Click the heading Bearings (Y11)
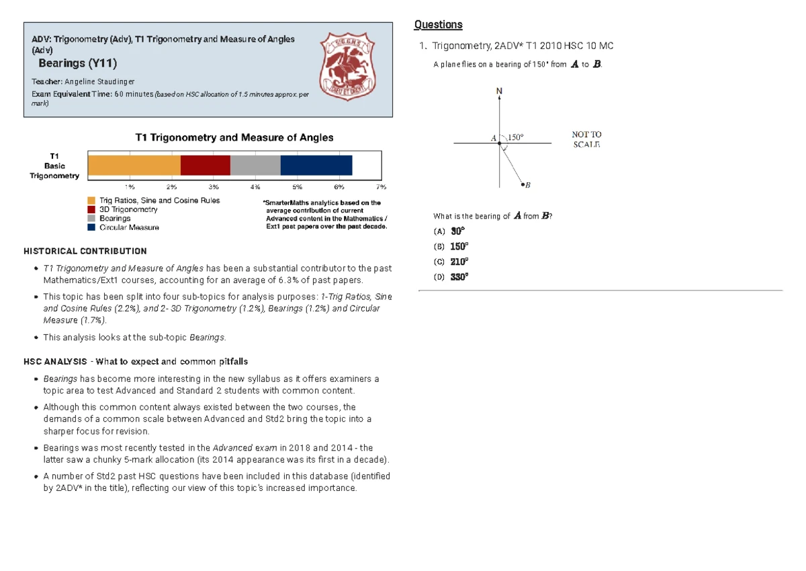point(78,64)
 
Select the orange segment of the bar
point(134,165)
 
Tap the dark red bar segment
point(206,165)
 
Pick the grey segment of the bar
point(255,165)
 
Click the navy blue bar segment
point(316,165)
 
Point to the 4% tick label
point(255,186)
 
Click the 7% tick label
point(381,186)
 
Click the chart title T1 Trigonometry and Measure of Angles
point(234,138)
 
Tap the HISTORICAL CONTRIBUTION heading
point(85,252)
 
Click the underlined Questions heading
point(438,25)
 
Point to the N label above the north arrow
point(499,91)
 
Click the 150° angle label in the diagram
point(515,138)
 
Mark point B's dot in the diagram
point(523,184)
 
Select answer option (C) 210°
point(452,262)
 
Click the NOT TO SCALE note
point(586,139)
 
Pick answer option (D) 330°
point(452,276)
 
